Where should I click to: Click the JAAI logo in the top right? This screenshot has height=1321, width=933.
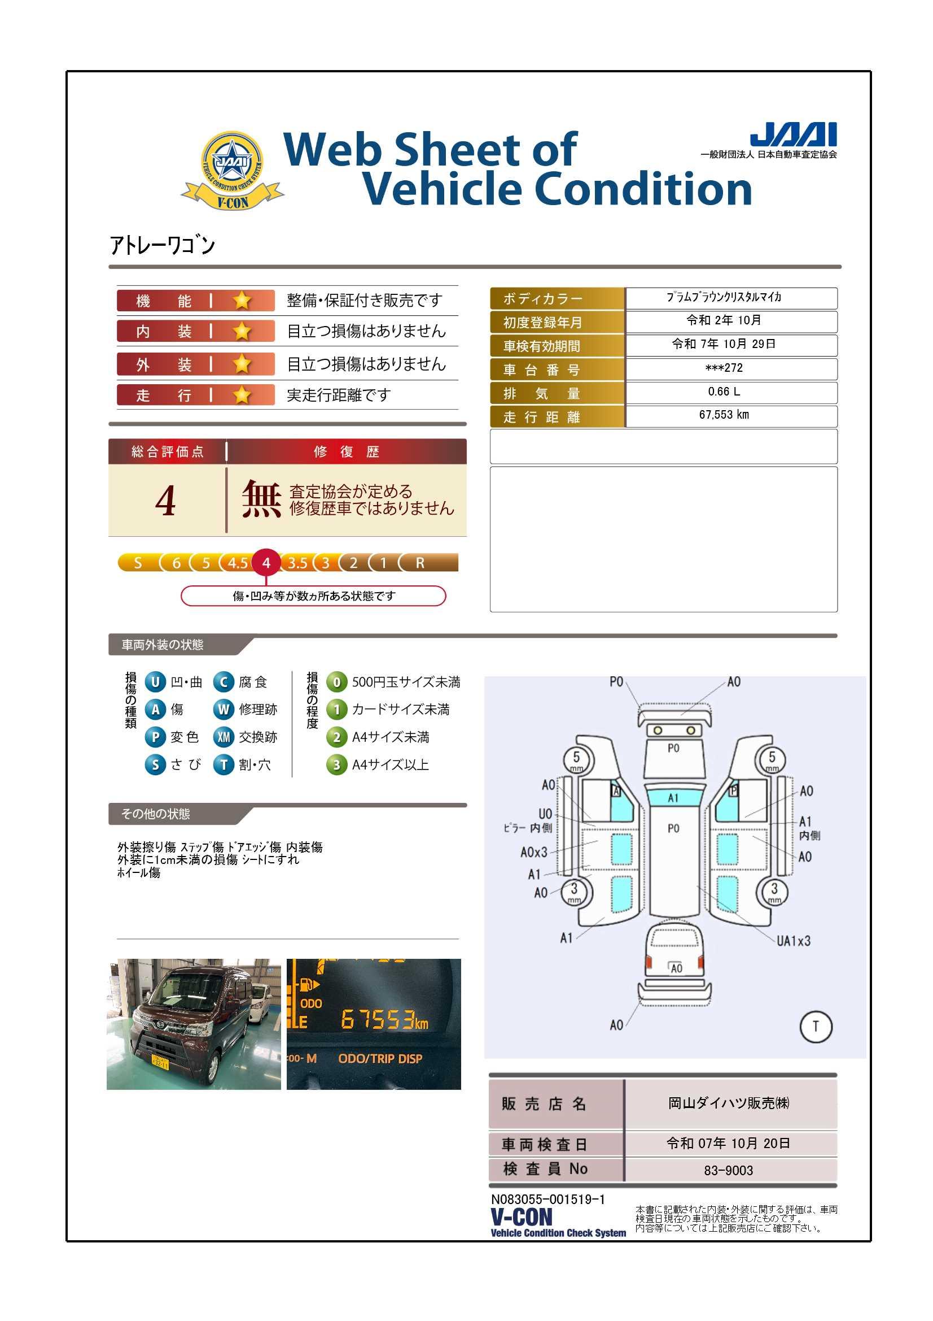(794, 134)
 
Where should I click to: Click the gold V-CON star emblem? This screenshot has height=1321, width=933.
(232, 170)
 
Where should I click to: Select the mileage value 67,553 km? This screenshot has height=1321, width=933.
(724, 415)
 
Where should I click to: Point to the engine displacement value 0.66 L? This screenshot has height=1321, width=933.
(724, 392)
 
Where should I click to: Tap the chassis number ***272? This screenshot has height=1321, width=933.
(724, 368)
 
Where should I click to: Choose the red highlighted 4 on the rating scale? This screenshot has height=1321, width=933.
(266, 563)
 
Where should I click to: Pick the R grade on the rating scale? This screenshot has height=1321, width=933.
(420, 563)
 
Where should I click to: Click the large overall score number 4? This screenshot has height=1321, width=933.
(165, 501)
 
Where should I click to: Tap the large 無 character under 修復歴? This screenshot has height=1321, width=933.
(261, 499)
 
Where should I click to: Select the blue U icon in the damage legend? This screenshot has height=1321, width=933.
(155, 683)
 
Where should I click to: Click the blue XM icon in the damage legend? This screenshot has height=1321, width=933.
(224, 737)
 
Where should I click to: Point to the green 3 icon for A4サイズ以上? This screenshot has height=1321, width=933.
(337, 764)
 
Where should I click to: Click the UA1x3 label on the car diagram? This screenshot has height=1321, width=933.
(794, 941)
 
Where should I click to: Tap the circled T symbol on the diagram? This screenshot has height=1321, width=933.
(816, 1027)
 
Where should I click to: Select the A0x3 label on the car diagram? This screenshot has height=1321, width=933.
(534, 851)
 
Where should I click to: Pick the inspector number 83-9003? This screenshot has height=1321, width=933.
(728, 1170)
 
